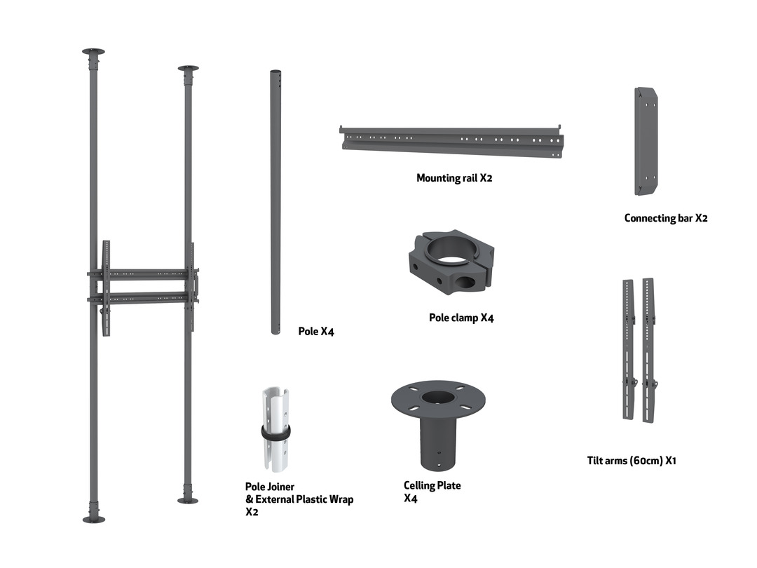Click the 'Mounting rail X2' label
[454, 177]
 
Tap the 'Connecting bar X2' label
[666, 218]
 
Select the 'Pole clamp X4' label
[461, 318]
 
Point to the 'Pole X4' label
[316, 331]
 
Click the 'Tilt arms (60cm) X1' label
[632, 460]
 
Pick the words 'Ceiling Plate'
[432, 485]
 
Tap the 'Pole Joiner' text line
[269, 487]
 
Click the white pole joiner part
[275, 429]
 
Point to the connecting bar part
[646, 142]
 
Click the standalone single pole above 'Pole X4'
[275, 202]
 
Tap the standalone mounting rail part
[451, 141]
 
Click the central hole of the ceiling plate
[438, 398]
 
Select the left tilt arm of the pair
[629, 349]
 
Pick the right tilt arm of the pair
[648, 350]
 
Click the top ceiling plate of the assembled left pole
[93, 51]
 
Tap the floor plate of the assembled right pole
[188, 501]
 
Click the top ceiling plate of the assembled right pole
[189, 68]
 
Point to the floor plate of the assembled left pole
[94, 520]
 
